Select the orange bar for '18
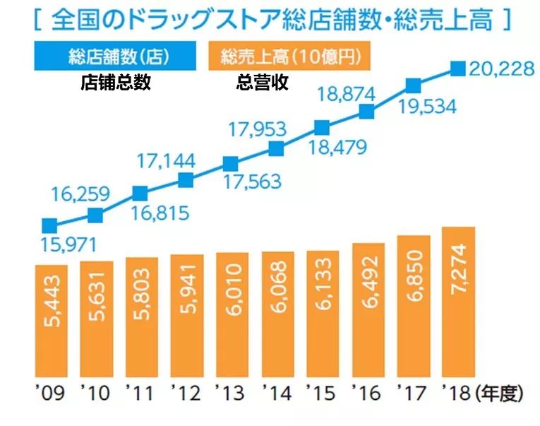point(458,302)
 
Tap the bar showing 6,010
point(232,314)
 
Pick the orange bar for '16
point(368,309)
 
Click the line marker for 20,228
point(458,69)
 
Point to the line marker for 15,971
point(49,226)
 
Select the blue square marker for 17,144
point(186,180)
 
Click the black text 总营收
point(261,83)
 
